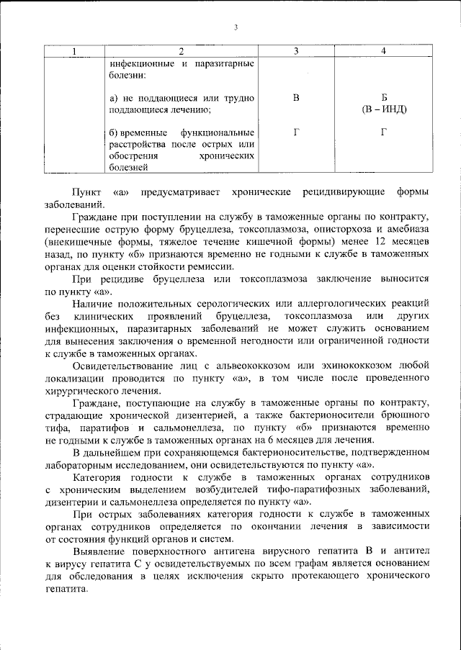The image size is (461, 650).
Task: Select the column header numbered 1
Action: click(x=72, y=51)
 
